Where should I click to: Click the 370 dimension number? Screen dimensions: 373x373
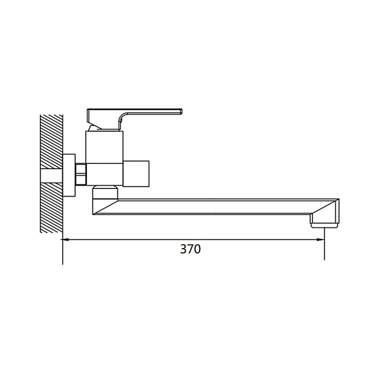(190, 249)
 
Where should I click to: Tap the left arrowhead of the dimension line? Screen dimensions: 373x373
(65, 239)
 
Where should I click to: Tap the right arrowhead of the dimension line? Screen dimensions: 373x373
(321, 239)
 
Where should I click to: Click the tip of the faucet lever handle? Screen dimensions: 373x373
(182, 111)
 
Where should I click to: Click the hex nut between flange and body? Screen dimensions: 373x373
(81, 174)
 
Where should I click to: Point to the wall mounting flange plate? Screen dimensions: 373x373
(69, 175)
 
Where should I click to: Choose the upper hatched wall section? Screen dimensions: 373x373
(52, 142)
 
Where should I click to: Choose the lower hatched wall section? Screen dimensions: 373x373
(52, 208)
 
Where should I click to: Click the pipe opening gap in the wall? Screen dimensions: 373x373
(52, 176)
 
